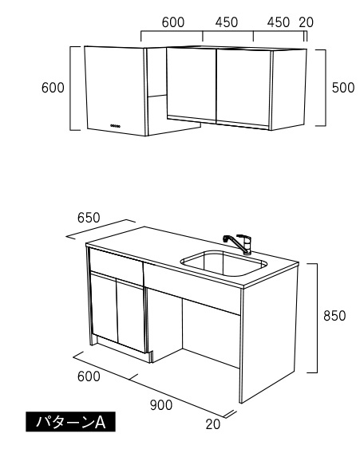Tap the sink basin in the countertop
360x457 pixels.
224,263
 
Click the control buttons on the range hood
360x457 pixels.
115,126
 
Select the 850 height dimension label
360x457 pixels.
334,316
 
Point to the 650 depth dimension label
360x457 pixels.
89,218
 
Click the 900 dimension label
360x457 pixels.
161,405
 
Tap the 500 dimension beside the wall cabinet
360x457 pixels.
343,88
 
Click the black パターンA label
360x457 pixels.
70,422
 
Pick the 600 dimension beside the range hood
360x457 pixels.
53,88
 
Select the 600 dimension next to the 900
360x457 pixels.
89,376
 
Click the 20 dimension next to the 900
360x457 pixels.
213,424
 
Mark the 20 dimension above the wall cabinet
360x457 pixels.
306,22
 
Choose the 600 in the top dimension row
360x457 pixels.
173,22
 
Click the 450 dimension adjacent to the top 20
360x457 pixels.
279,22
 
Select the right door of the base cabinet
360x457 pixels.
130,316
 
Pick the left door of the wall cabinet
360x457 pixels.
191,84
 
